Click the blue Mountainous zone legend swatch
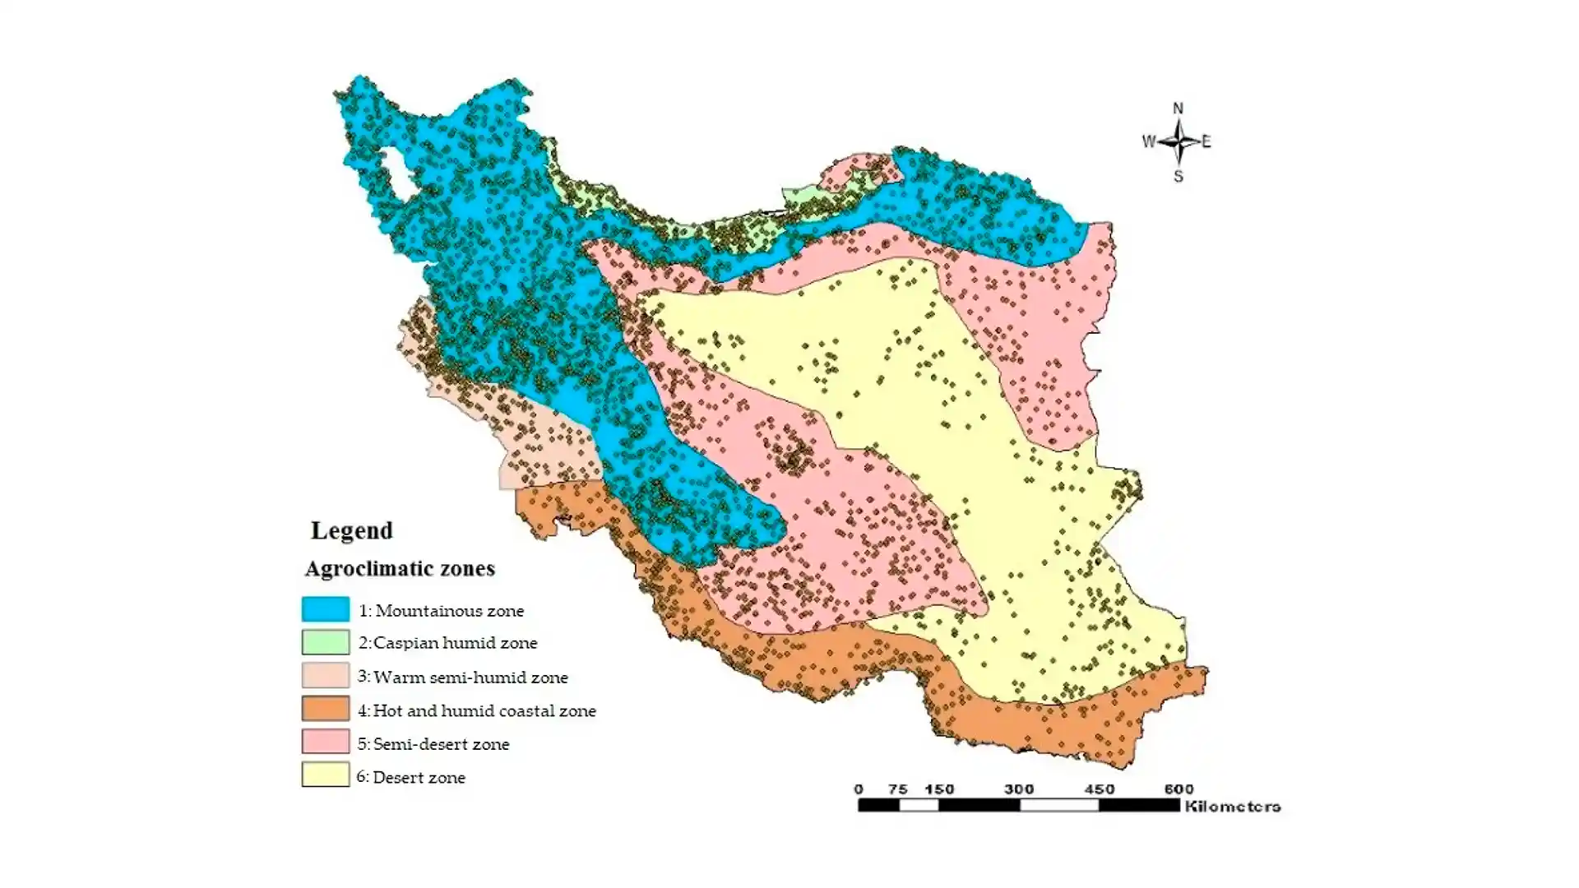tap(325, 609)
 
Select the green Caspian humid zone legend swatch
tap(325, 641)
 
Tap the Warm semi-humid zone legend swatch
tap(325, 676)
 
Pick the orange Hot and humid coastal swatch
tap(325, 709)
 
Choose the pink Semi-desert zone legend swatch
tap(325, 742)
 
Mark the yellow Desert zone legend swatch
tap(325, 775)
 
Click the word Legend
tap(351, 530)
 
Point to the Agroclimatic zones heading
tap(400, 568)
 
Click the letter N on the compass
tap(1178, 109)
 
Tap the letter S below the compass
tap(1178, 177)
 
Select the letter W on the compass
tap(1148, 141)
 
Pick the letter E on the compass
tap(1206, 141)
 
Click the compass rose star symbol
tap(1178, 141)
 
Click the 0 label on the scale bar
tap(859, 789)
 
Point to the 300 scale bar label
tap(1018, 789)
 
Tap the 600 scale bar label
tap(1178, 789)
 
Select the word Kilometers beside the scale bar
tap(1232, 807)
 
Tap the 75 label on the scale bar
tap(897, 789)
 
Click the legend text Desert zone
tap(419, 778)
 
